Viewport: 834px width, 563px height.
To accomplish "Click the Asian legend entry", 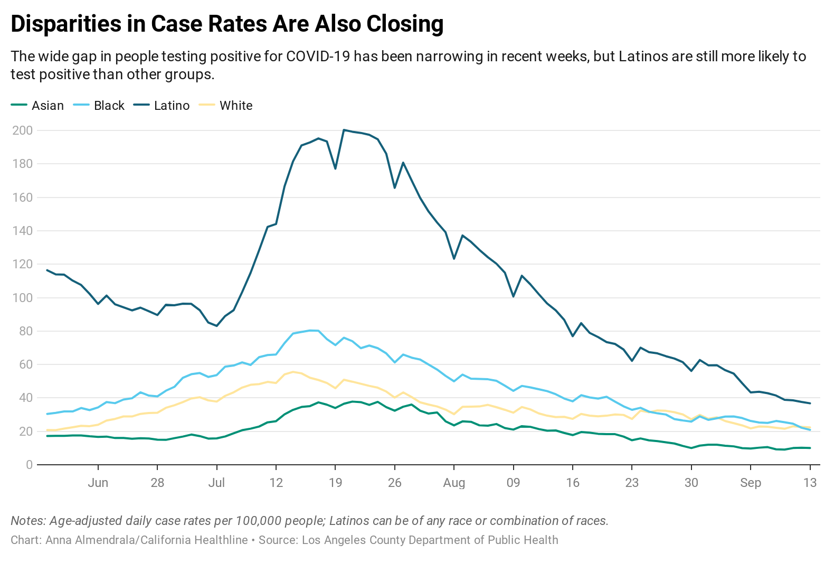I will pyautogui.click(x=37, y=106).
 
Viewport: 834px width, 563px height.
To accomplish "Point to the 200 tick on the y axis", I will pyautogui.click(x=22, y=130).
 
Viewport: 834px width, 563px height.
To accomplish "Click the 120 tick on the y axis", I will pyautogui.click(x=22, y=264).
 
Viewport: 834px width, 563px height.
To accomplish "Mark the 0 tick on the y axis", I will pyautogui.click(x=29, y=465).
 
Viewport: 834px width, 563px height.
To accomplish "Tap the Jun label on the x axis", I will pyautogui.click(x=98, y=483).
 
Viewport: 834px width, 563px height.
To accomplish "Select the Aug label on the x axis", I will pyautogui.click(x=454, y=483).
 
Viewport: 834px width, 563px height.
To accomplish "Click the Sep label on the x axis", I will pyautogui.click(x=751, y=483).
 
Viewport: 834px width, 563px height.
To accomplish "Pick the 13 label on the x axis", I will pyautogui.click(x=810, y=483).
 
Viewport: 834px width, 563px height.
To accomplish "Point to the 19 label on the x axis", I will pyautogui.click(x=335, y=483).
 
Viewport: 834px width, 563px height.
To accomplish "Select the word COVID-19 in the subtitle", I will pyautogui.click(x=318, y=57).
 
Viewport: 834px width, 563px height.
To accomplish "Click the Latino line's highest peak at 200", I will pyautogui.click(x=344, y=130).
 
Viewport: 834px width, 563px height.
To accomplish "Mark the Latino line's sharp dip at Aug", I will pyautogui.click(x=454, y=258).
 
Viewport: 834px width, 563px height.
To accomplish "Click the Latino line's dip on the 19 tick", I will pyautogui.click(x=335, y=168).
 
